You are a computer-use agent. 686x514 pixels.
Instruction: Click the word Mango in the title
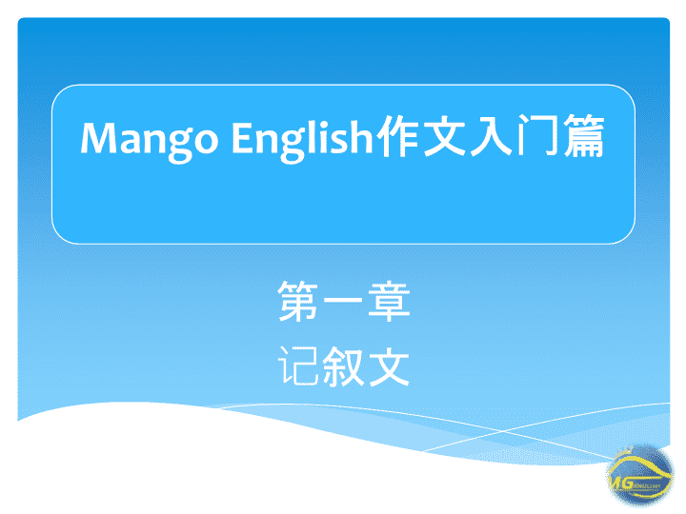click(150, 141)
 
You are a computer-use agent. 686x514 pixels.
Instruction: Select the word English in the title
click(302, 139)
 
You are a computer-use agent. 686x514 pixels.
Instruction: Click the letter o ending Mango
click(205, 141)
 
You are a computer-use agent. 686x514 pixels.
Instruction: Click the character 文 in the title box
click(444, 135)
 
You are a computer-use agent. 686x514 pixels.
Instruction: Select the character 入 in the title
click(491, 135)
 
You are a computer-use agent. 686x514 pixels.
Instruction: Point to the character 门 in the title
click(537, 135)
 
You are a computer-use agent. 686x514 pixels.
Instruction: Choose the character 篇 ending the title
click(584, 135)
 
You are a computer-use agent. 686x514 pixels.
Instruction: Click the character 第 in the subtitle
click(298, 301)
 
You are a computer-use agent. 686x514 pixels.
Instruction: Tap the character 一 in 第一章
click(343, 301)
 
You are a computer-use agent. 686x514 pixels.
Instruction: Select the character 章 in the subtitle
click(389, 301)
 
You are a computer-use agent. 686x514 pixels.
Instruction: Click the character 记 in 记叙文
click(298, 366)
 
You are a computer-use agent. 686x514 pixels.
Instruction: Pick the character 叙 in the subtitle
click(343, 366)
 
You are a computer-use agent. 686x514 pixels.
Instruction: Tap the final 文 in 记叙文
click(389, 366)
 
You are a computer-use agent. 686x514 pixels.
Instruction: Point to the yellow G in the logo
click(627, 484)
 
